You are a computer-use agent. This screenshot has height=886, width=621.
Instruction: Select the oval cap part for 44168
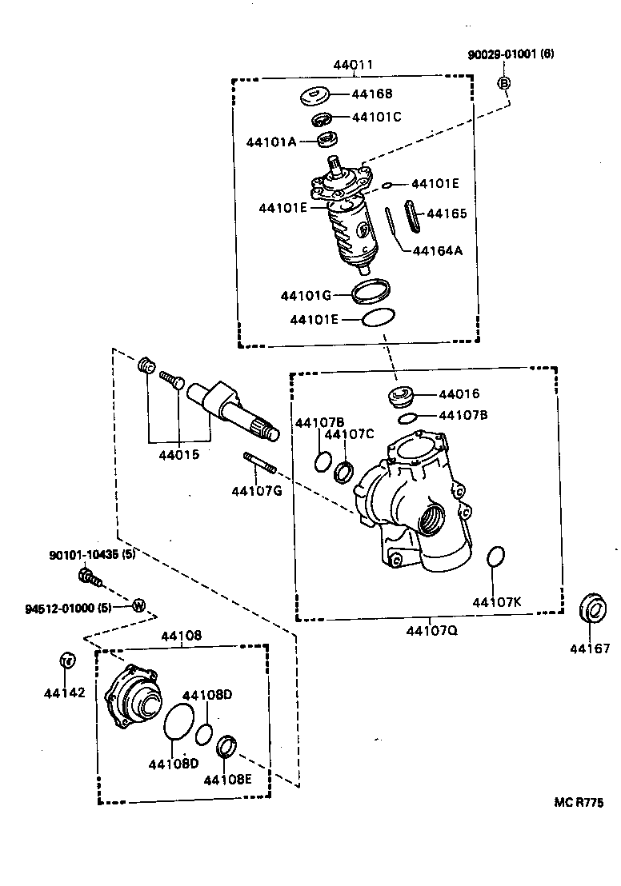point(316,96)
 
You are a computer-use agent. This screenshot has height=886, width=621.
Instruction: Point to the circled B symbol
point(505,82)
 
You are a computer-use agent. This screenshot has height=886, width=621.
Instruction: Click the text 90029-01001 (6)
point(511,54)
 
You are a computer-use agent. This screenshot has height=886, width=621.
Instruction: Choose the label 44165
point(447,214)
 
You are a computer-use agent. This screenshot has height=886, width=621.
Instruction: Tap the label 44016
point(459,394)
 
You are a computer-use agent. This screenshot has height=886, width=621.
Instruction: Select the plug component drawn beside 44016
point(399,396)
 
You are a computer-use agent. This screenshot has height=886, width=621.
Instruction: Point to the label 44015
point(178,455)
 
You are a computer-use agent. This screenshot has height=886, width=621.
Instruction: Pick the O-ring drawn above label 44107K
point(496,557)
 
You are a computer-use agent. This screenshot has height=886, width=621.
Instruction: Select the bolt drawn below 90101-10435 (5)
point(90,577)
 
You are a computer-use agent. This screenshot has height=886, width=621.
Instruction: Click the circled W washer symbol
point(138,605)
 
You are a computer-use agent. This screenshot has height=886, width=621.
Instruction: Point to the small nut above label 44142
point(67,660)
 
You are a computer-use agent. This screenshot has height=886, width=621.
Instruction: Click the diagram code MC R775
point(578,803)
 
